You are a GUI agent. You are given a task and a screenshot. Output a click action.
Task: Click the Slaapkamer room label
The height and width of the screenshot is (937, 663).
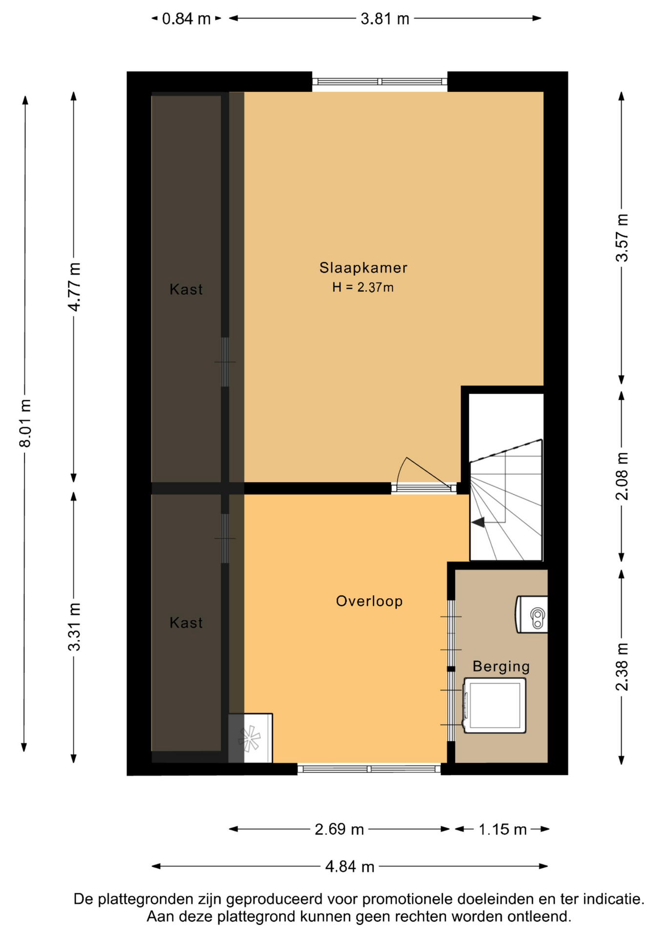click(x=363, y=267)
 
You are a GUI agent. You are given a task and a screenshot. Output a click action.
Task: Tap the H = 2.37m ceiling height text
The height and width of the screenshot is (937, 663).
click(x=363, y=287)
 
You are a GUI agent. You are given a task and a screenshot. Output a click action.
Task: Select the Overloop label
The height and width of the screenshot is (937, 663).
click(x=369, y=601)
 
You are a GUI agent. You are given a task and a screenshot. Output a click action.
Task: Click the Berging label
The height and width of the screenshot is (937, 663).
click(x=501, y=666)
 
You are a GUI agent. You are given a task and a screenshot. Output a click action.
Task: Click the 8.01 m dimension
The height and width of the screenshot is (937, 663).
click(x=25, y=423)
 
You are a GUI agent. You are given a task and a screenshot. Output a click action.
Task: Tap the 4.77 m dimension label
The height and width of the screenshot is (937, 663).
click(x=74, y=286)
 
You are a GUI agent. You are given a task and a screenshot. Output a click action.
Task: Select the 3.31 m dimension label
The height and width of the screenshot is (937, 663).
click(x=74, y=627)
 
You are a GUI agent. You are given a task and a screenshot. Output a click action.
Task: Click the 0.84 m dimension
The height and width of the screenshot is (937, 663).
click(x=186, y=19)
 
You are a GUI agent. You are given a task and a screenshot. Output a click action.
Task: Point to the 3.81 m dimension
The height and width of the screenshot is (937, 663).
click(x=385, y=19)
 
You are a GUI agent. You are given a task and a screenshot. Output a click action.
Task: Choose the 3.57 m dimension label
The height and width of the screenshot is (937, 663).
click(x=622, y=238)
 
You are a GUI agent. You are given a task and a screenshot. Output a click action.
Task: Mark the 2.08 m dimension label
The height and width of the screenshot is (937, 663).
click(x=622, y=476)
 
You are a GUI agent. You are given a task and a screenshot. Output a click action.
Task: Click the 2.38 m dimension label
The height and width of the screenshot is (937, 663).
click(x=622, y=667)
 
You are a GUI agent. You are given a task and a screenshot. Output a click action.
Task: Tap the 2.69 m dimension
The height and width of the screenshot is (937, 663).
click(x=339, y=829)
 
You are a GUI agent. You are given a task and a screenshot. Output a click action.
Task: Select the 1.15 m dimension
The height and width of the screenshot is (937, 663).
click(x=502, y=829)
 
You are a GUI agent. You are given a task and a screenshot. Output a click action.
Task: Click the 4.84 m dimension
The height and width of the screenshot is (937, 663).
click(x=350, y=866)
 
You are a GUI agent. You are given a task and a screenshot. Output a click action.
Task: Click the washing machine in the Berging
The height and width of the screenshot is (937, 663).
click(x=494, y=705)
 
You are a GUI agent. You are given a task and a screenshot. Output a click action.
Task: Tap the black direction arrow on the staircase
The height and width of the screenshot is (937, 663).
click(x=478, y=522)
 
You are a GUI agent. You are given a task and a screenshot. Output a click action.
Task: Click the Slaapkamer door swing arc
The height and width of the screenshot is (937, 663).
click(x=400, y=468)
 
